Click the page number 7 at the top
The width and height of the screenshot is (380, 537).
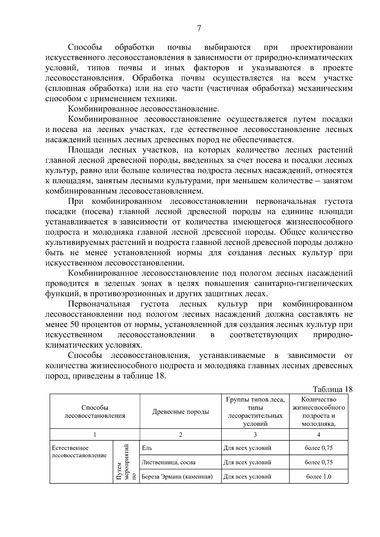click(199, 28)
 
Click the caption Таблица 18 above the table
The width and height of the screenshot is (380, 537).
click(332, 389)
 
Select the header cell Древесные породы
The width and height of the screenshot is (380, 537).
click(180, 412)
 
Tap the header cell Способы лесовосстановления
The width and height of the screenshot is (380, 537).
click(95, 412)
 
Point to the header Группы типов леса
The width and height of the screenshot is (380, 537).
click(255, 400)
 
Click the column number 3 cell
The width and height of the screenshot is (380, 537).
click(255, 435)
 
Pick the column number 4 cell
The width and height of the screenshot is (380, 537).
click(319, 435)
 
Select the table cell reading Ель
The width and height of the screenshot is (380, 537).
click(147, 448)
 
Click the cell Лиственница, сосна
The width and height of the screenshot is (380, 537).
click(168, 462)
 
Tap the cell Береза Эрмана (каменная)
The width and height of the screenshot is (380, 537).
click(177, 477)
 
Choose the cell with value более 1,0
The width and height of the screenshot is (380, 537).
click(319, 477)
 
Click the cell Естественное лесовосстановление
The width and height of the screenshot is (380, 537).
click(79, 452)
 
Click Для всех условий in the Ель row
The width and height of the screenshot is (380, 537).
click(247, 448)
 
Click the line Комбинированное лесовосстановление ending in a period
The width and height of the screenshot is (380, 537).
click(143, 109)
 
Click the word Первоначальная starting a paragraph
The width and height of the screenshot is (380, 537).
click(99, 304)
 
